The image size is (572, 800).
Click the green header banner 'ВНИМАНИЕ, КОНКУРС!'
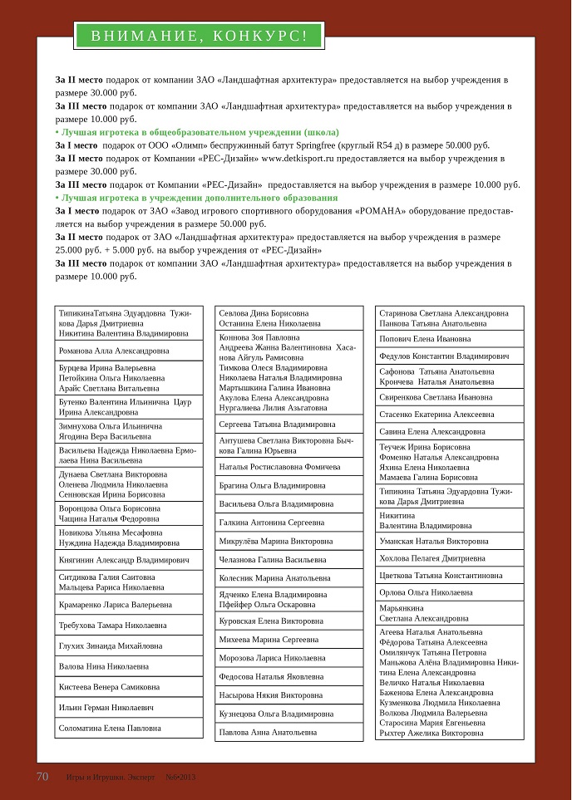click(x=199, y=35)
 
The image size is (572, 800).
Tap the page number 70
click(x=43, y=777)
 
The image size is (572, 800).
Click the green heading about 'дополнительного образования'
click(x=196, y=198)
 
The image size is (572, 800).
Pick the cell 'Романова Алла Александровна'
click(x=114, y=351)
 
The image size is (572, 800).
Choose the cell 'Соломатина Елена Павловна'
click(x=110, y=728)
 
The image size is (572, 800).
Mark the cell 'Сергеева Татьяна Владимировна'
click(x=278, y=424)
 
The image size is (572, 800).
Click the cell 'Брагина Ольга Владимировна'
click(x=273, y=485)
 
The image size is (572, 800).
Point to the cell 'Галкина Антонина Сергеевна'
click(x=272, y=523)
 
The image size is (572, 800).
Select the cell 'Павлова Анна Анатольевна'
click(x=269, y=732)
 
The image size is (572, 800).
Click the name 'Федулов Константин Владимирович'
click(x=444, y=356)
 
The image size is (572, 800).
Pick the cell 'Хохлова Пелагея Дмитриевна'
click(x=432, y=558)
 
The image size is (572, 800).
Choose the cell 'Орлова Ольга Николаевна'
click(x=426, y=592)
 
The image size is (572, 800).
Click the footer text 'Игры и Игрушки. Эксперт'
click(x=111, y=778)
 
